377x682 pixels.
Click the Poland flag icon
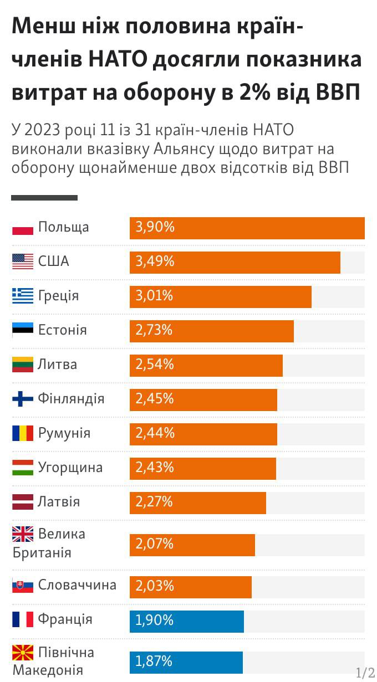pos(23,228)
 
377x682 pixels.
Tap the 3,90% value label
pos(155,227)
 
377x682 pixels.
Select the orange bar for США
pos(235,262)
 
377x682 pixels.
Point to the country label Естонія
pos(62,330)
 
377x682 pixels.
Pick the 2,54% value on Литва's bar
pos(155,365)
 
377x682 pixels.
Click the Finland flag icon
pos(23,399)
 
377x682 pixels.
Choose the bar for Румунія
pos(203,434)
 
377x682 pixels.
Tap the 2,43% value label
pos(155,468)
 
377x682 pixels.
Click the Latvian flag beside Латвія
pos(23,502)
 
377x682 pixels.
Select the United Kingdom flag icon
pos(23,535)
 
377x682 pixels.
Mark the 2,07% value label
pos(155,544)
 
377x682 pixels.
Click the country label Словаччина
pos(77,585)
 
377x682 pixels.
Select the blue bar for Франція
pos(186,621)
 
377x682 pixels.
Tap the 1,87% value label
pos(154,661)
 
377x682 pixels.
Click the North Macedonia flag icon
pos(23,652)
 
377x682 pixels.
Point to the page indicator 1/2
pos(365,673)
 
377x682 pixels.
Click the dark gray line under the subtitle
pos(44,198)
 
